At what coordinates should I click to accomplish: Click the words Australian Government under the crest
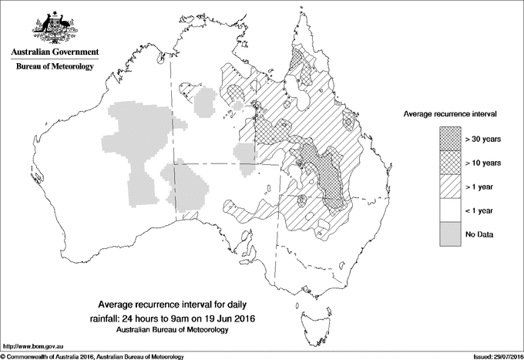coord(55,52)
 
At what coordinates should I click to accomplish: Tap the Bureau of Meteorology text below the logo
coord(55,67)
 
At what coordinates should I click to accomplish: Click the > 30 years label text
coord(483,139)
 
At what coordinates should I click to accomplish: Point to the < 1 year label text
coord(481,210)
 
